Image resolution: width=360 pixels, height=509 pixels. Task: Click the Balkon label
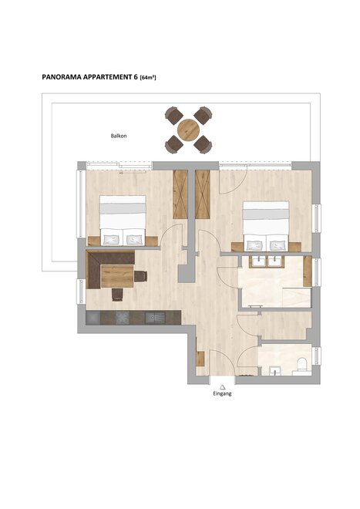click(119, 136)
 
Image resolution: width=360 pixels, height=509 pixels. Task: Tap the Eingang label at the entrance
click(222, 393)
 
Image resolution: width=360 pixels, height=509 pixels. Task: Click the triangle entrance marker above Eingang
click(222, 386)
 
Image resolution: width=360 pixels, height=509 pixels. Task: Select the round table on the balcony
click(188, 130)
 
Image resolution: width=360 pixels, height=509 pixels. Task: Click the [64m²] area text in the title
click(148, 78)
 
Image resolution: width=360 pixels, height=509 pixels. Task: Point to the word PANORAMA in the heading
click(62, 77)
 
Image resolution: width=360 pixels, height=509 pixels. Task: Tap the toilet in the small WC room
click(302, 365)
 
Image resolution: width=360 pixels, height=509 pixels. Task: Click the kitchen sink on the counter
click(155, 318)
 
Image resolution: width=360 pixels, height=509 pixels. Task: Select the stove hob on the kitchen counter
click(123, 318)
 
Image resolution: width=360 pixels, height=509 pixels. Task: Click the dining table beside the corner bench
click(117, 276)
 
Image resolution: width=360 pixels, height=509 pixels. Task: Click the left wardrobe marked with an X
click(180, 194)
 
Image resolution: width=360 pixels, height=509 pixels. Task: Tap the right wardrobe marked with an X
click(203, 194)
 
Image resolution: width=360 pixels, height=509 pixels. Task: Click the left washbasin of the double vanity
click(259, 261)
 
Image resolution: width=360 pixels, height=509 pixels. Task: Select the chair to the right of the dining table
click(140, 276)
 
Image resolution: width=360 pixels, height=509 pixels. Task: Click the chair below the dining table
click(117, 295)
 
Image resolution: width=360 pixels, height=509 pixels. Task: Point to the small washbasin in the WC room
click(276, 371)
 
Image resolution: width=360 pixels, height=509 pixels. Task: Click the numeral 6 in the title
click(136, 77)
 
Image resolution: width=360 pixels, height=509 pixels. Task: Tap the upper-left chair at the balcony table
click(173, 115)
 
